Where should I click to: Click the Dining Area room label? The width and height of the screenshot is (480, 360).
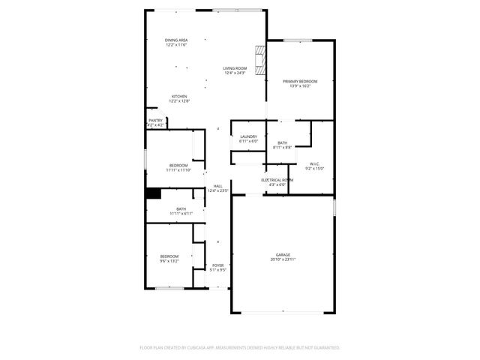176,40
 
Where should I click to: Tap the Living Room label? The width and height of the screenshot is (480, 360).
235,68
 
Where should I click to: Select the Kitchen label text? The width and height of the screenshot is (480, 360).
179,96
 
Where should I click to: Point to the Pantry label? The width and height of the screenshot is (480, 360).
155,120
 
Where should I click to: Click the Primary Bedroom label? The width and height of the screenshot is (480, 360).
300,81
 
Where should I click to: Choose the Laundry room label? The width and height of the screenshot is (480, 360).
248,136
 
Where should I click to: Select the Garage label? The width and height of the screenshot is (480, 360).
282,255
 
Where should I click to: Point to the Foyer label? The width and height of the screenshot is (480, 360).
217,265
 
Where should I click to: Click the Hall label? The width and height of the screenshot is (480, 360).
217,186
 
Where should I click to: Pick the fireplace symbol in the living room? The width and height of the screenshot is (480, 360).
259,59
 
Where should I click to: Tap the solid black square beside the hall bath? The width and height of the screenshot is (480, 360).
153,193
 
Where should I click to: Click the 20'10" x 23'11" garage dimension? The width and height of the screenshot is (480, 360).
282,260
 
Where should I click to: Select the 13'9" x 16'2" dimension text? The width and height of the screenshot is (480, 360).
300,86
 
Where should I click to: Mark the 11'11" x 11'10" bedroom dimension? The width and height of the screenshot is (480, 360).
178,170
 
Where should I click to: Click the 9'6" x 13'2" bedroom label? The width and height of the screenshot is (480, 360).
169,261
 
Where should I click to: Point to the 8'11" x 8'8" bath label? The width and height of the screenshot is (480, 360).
282,148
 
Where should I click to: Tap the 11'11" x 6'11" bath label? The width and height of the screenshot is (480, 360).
181,214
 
